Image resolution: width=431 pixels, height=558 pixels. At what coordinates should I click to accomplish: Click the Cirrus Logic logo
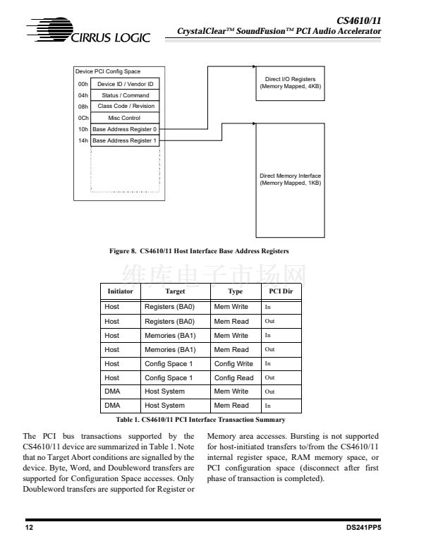pyautogui.click(x=89, y=32)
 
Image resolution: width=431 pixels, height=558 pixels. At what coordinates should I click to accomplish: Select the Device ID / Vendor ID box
pyautogui.click(x=125, y=84)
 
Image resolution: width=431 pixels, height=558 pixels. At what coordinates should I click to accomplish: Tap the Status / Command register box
pyautogui.click(x=125, y=95)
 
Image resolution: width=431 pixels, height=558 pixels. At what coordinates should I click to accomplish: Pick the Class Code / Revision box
pyautogui.click(x=125, y=107)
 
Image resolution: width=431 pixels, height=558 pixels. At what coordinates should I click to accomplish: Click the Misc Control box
pyautogui.click(x=125, y=118)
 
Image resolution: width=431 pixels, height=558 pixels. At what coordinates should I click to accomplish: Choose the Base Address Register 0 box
pyautogui.click(x=125, y=129)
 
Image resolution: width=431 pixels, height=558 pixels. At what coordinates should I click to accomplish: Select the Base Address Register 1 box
pyautogui.click(x=125, y=140)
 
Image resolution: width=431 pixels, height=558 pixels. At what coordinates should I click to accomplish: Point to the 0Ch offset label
pyautogui.click(x=83, y=118)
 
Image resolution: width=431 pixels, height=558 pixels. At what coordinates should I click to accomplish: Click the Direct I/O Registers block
pyautogui.click(x=290, y=83)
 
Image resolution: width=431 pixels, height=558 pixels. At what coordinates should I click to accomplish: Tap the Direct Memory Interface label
pyautogui.click(x=290, y=179)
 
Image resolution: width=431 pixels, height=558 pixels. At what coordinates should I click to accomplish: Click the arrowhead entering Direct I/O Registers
pyautogui.click(x=254, y=67)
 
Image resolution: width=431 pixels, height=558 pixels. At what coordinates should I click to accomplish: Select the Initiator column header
pyautogui.click(x=119, y=291)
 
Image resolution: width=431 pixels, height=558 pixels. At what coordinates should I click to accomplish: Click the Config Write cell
pyautogui.click(x=233, y=364)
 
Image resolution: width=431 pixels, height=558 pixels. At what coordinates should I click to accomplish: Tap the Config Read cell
pyautogui.click(x=233, y=378)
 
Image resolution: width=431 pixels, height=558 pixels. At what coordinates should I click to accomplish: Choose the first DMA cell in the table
pyautogui.click(x=112, y=392)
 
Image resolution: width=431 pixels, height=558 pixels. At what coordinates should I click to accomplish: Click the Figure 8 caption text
pyautogui.click(x=205, y=251)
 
